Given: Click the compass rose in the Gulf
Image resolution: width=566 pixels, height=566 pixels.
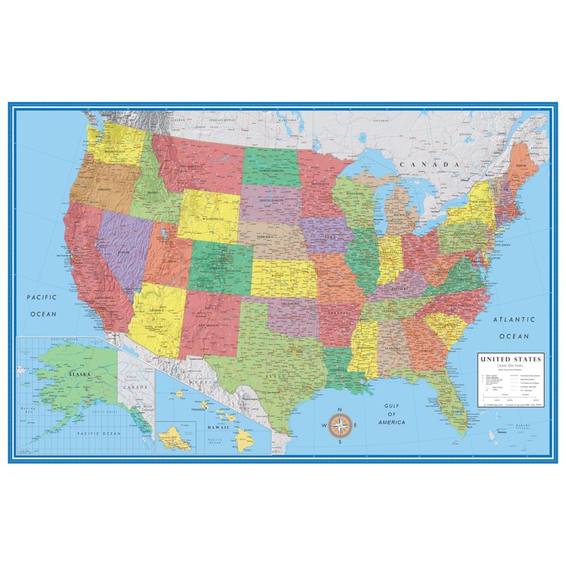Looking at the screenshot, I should point(340,424).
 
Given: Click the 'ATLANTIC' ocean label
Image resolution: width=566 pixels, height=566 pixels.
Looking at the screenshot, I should point(514,320).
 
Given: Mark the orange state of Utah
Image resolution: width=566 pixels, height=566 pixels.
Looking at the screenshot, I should point(168,258).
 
